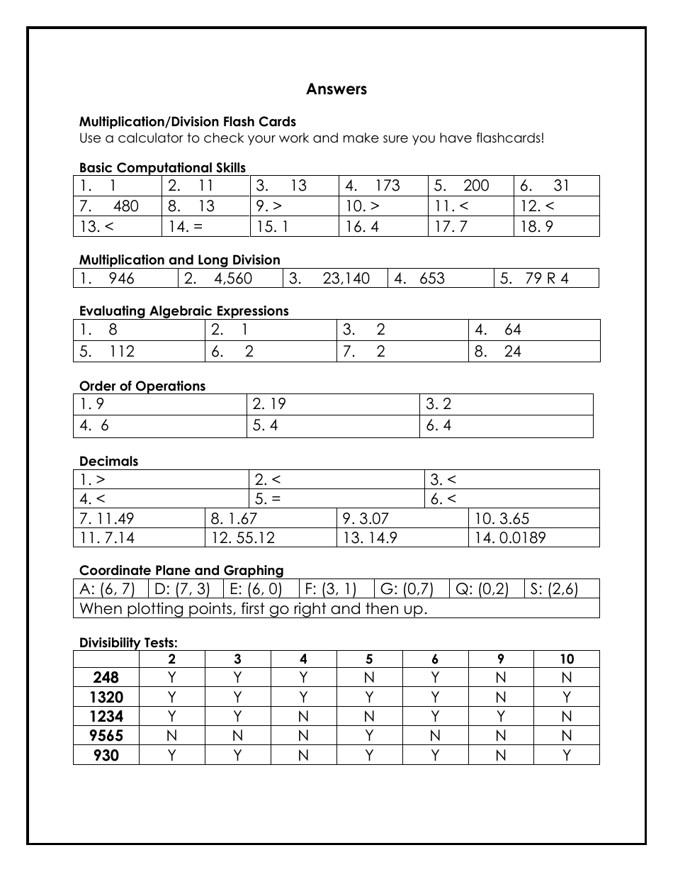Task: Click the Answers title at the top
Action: pos(336,89)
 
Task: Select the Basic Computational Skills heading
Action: pos(162,168)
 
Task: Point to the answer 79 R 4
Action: pos(546,279)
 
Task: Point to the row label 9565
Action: pos(106,736)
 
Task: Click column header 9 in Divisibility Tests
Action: pos(501,659)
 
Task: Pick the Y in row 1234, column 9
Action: pos(501,717)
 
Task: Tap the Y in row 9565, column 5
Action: pos(369,736)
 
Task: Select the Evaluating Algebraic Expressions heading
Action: pos(183,311)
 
